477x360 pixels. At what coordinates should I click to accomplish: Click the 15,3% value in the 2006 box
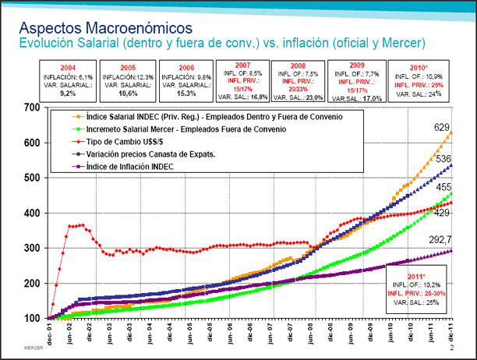click(x=185, y=92)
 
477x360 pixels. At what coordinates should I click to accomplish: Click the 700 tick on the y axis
click(x=34, y=107)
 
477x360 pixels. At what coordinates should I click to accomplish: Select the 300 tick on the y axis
click(x=34, y=248)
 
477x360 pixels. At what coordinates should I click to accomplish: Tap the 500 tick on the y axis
click(x=34, y=178)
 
